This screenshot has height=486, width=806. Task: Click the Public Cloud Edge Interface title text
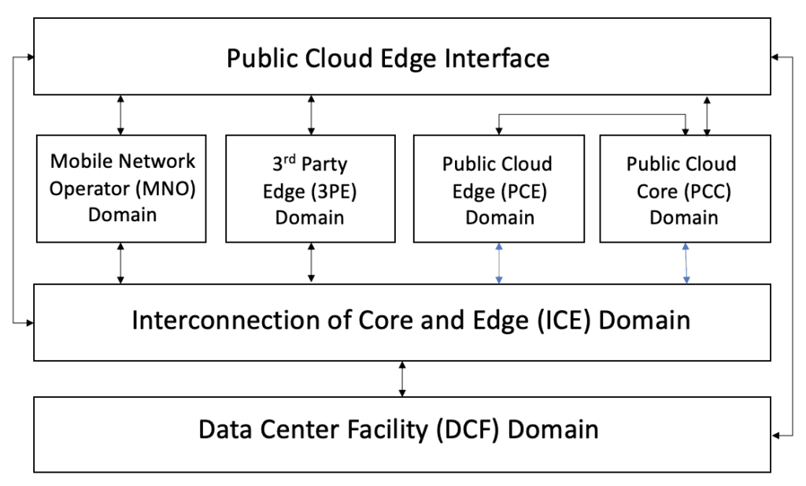pos(387,58)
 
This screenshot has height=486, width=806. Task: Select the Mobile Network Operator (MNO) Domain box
pos(121,187)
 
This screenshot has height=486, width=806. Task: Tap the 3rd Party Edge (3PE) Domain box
pos(310,189)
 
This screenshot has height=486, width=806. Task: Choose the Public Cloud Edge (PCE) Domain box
pos(497,189)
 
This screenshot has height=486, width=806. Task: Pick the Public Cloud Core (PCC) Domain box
pos(682,189)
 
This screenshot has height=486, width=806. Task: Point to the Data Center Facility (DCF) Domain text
pos(398,430)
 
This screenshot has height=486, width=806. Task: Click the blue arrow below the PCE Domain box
pos(497,263)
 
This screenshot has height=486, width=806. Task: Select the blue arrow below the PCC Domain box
pos(686,263)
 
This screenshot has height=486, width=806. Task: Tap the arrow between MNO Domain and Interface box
pos(120,114)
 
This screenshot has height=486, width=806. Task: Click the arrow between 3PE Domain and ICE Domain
pos(311,263)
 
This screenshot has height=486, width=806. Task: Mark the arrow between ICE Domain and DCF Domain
pos(402,379)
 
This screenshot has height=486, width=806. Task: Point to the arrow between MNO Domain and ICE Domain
pos(120,263)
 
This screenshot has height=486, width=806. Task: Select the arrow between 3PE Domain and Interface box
pos(311,114)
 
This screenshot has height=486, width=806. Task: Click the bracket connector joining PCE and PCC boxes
pos(590,114)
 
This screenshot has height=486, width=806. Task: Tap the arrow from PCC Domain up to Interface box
pos(707,115)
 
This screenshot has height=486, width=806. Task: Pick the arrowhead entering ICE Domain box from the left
pos(29,322)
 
